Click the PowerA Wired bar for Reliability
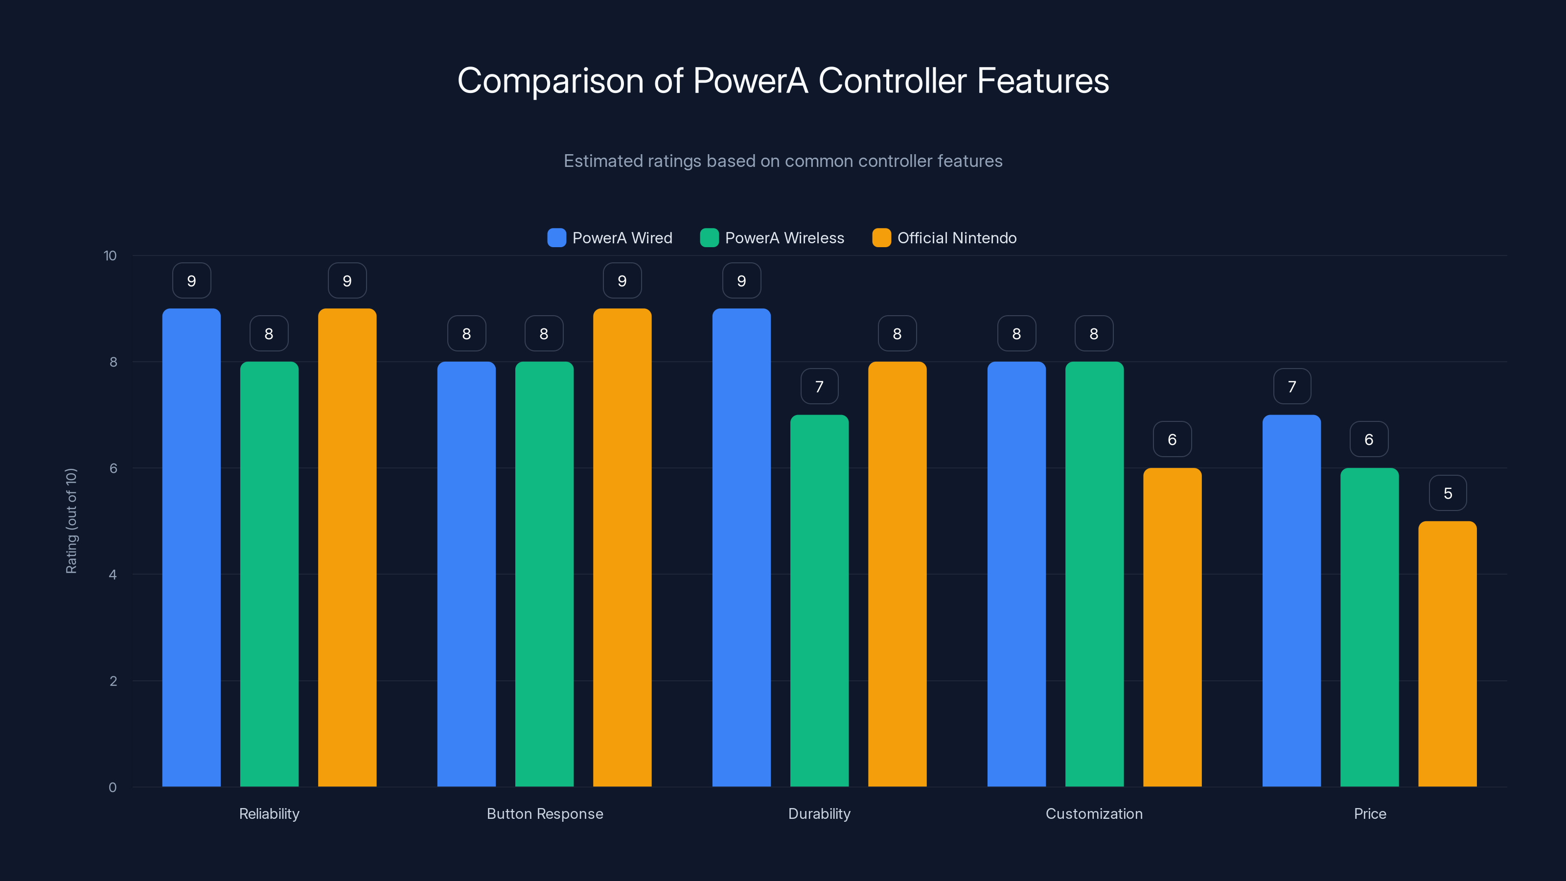191,547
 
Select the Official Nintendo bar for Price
1447,653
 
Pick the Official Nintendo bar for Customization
1172,627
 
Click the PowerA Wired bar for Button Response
466,574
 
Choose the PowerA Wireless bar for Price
1369,627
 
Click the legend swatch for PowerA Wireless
709,238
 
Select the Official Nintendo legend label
956,238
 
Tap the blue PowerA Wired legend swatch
556,238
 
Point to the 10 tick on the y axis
110,255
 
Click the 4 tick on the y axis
113,575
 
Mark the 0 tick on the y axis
113,788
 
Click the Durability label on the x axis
819,813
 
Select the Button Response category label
545,813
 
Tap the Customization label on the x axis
1094,813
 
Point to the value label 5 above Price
1448,493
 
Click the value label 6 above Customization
1172,440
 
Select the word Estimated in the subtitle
602,161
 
